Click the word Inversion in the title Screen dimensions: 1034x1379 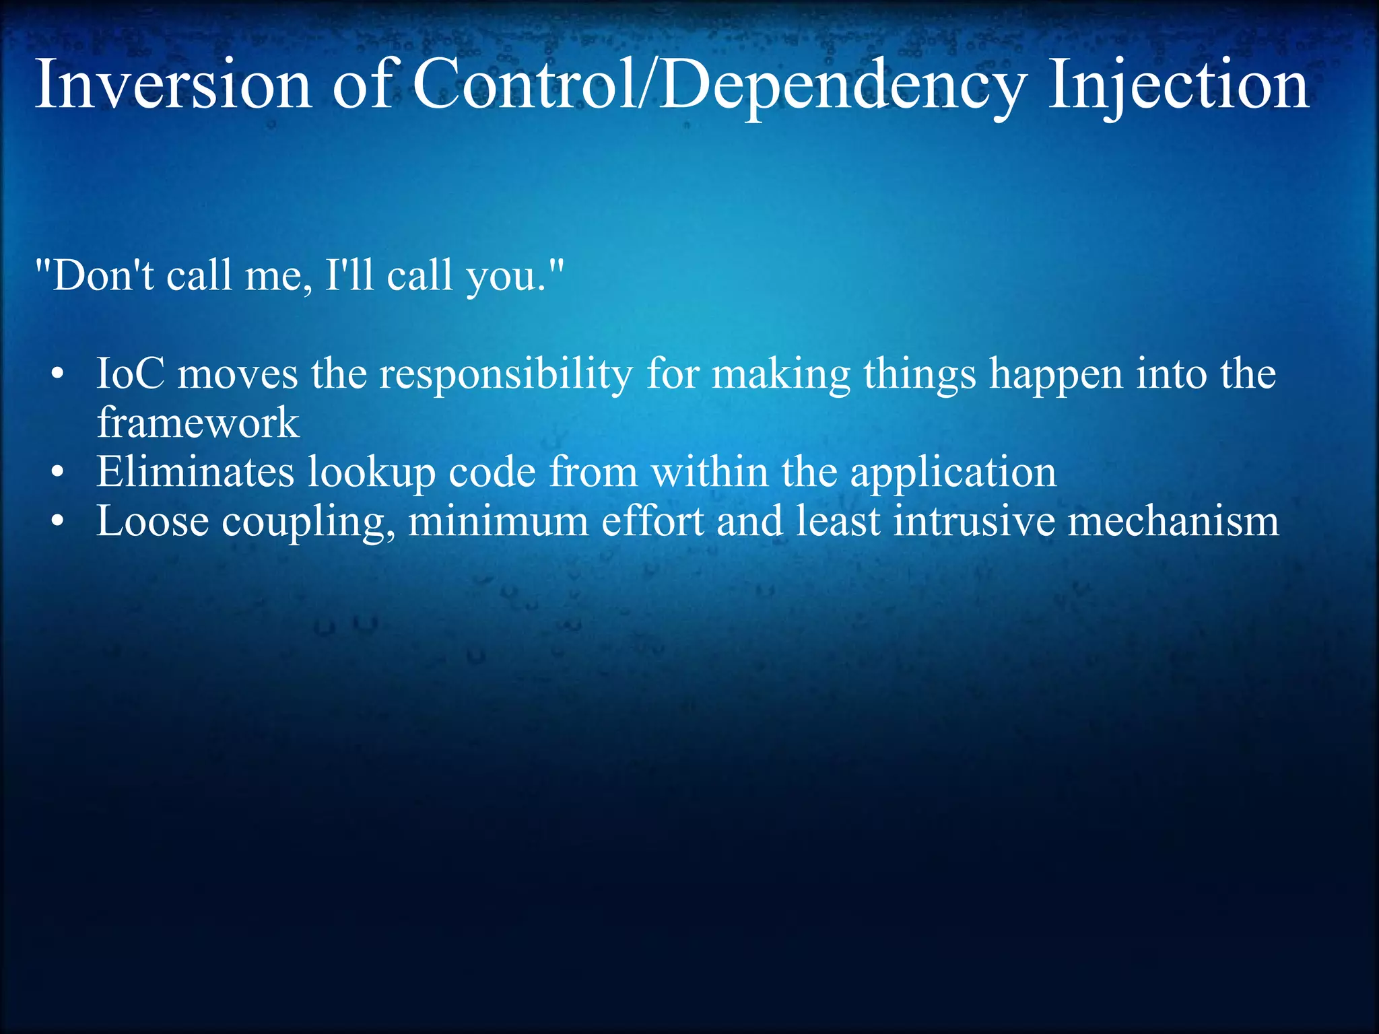tap(173, 85)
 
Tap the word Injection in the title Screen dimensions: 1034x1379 tap(1178, 85)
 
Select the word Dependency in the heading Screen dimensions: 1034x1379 tap(842, 85)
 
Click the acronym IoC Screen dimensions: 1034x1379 tap(130, 374)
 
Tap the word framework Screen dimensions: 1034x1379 tap(197, 423)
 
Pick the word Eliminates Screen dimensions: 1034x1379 tap(195, 471)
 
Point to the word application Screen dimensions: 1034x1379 tap(953, 473)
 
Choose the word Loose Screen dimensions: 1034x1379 tap(152, 521)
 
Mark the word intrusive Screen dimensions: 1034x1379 tap(974, 521)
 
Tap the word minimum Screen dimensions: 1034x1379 tap(498, 521)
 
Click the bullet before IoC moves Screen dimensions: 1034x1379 tap(59, 375)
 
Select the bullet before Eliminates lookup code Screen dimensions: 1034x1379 tap(59, 473)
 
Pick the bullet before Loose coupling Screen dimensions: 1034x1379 tap(59, 522)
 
